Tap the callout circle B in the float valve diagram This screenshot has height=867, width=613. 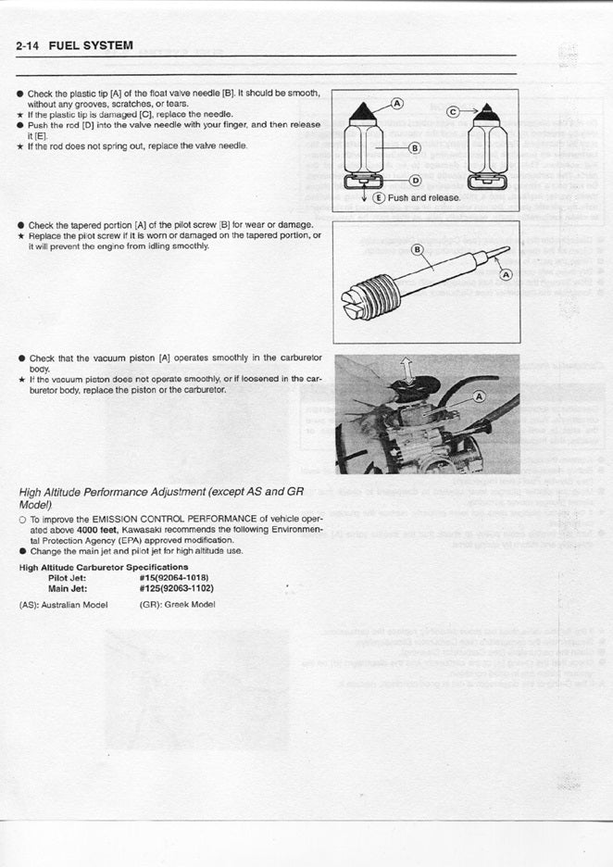414,148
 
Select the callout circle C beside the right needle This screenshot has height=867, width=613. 453,110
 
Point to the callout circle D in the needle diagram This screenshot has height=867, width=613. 414,180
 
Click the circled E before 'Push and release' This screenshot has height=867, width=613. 380,197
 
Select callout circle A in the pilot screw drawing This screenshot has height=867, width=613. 505,274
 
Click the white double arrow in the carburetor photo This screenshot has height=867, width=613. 405,371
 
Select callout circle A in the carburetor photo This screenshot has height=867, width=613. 479,396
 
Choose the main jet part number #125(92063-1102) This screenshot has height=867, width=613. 176,587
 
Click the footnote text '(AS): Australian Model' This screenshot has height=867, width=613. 63,605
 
